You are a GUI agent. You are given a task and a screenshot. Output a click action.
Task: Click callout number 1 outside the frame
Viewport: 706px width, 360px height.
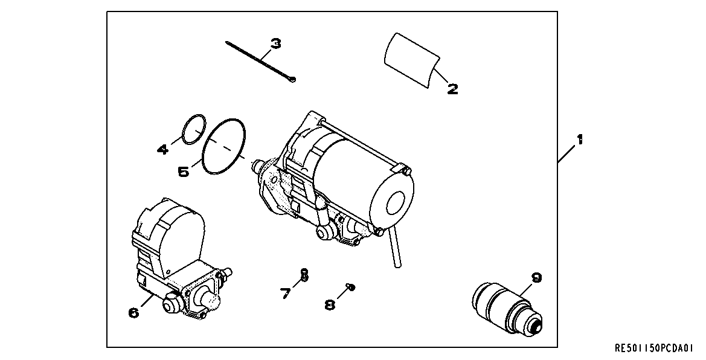[579, 140]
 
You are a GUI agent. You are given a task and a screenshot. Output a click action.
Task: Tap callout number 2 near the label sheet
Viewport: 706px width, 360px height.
[452, 89]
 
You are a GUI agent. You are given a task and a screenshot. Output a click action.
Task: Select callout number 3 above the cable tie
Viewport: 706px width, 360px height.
[275, 43]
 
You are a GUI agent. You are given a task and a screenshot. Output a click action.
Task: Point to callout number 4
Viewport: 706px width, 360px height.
[163, 149]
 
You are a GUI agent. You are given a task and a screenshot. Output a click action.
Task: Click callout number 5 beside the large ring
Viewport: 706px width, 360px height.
[184, 172]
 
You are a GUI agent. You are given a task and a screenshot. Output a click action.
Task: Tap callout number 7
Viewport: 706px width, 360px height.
[286, 294]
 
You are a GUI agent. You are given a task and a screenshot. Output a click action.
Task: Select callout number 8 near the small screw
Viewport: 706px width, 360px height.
[329, 304]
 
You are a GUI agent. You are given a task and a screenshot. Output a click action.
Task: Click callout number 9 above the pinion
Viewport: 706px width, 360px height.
[536, 278]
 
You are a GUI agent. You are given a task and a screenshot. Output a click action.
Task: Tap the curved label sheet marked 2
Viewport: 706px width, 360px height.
[411, 59]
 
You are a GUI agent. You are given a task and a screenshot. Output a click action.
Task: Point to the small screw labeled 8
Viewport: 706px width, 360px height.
[350, 286]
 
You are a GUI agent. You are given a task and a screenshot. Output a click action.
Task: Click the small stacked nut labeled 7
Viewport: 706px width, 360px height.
[304, 275]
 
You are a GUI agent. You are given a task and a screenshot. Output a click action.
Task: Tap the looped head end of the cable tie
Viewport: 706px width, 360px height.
[292, 80]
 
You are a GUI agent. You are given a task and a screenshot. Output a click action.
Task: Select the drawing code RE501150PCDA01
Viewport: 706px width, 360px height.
[655, 349]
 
